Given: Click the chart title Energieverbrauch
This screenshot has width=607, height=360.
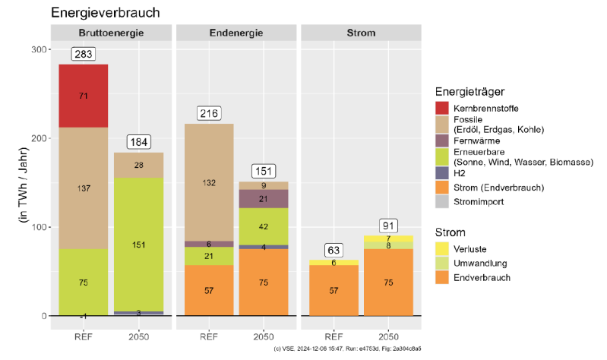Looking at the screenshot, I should tap(105, 13).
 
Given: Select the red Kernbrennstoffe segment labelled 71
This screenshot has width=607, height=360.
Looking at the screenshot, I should tap(84, 96).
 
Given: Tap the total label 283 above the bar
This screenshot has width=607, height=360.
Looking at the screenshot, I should tap(84, 54).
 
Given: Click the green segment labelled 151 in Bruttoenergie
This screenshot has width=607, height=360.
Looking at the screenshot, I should tap(139, 245).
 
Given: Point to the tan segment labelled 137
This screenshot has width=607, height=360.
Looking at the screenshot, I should tap(84, 188).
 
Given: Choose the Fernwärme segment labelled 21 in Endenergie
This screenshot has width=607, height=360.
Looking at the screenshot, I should tap(264, 198).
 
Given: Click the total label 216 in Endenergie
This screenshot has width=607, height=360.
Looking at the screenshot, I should tap(209, 113).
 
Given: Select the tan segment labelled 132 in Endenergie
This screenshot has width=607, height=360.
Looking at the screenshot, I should tap(209, 182).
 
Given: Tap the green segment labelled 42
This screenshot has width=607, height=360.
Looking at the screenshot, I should tap(264, 226).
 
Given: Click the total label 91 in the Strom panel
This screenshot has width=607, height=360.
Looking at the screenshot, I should tap(388, 226).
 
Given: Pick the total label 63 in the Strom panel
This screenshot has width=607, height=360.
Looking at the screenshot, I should tap(334, 250).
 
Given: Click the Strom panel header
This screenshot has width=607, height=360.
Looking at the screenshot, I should tap(361, 33).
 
